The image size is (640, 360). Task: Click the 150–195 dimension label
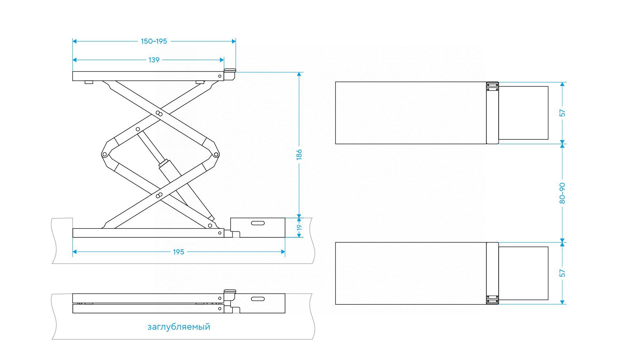pos(154,41)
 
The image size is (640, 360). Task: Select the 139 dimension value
pos(154,60)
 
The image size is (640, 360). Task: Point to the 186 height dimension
pos(299,154)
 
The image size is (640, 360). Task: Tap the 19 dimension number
pos(299,228)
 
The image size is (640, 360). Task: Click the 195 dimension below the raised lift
pos(178,252)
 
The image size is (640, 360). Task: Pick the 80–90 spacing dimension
pos(562,193)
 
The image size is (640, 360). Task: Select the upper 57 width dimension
pos(562,113)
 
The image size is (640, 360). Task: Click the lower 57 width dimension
pos(562,273)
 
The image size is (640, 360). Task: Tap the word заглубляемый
pos(179,327)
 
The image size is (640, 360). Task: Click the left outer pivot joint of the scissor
pos(105,154)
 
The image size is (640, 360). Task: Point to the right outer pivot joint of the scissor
pos(216,154)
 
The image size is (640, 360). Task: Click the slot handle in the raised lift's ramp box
pos(258,223)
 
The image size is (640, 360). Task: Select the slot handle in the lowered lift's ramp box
pos(258,299)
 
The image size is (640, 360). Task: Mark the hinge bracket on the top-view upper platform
pos(492,87)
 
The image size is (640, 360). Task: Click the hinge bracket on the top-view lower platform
pos(492,299)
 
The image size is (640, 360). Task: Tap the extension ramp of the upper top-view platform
pos(523,113)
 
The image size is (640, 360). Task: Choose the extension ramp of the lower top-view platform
pos(523,273)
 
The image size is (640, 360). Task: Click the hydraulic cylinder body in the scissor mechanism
pos(170,172)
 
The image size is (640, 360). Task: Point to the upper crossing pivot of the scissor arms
pos(159,114)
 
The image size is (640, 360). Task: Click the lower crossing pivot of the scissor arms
pos(159,195)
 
